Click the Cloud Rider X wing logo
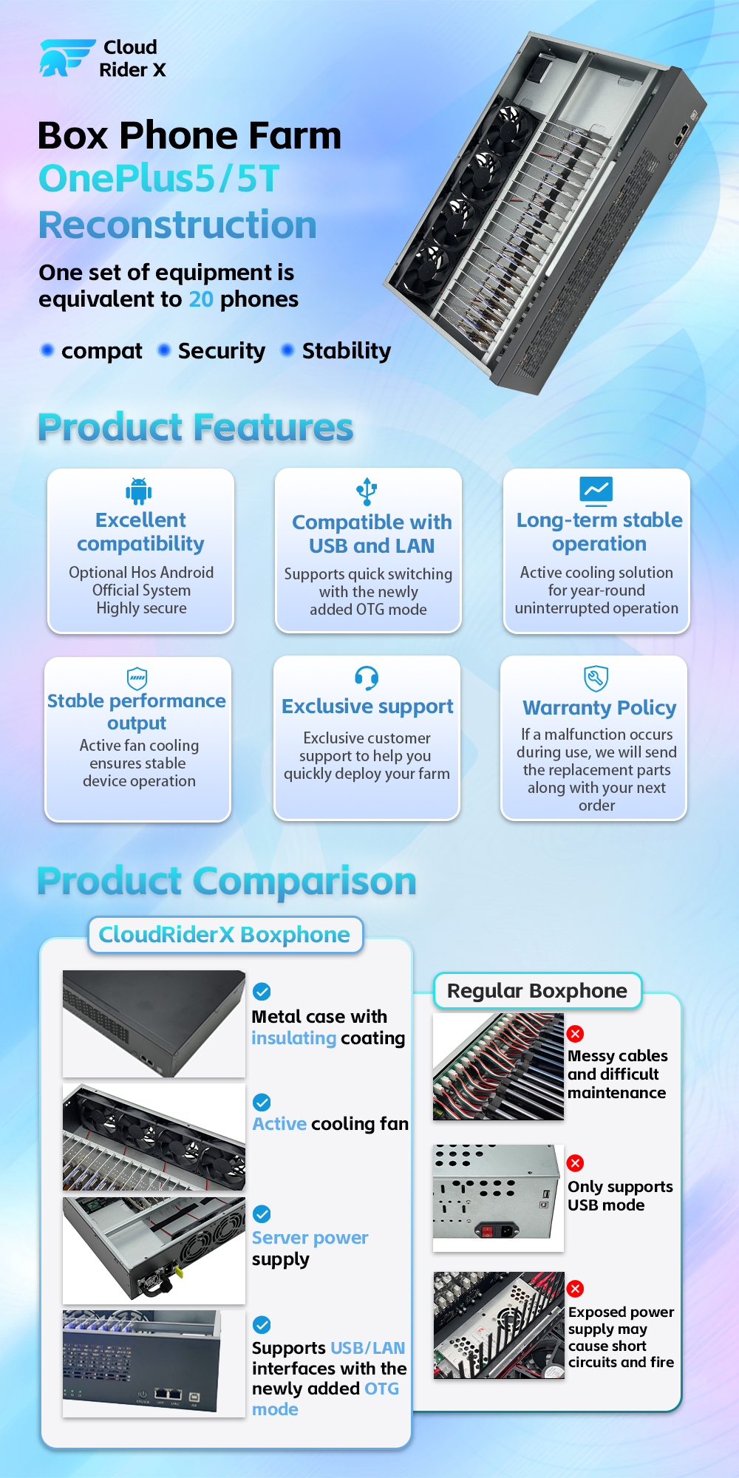pos(67,58)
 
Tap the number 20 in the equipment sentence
pos(201,299)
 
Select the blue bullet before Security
pos(164,350)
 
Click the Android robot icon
pos(138,490)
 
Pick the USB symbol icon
pos(367,491)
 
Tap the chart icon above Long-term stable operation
pos(596,489)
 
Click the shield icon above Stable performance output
pos(137,678)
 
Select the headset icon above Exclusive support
pos(367,677)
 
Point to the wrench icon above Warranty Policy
pos(596,678)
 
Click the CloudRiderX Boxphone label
pos(225,935)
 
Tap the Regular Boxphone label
pos(537,991)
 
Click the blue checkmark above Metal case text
pos(262,991)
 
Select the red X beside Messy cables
pos(575,1034)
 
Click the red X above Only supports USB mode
pos(575,1163)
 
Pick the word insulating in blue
pos(294,1038)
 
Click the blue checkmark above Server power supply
pos(262,1213)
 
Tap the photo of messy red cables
pos(498,1066)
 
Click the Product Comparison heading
pos(227,881)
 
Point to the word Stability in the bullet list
pos(347,351)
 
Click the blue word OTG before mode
pos(381,1389)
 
